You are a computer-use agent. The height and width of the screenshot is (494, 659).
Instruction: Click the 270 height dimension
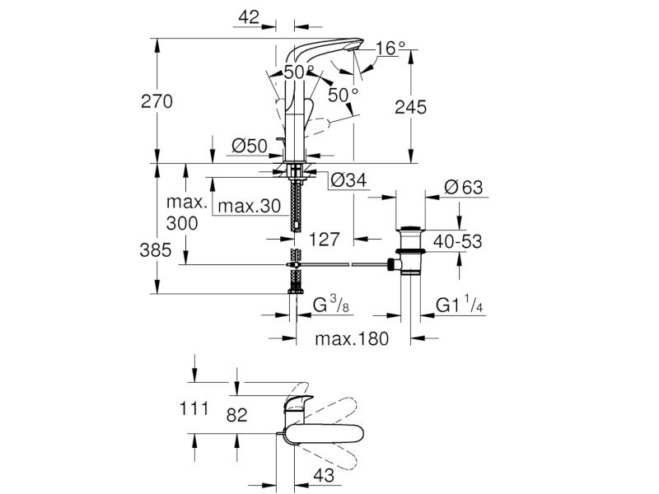tap(157, 101)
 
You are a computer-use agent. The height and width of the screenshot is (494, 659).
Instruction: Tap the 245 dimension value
tap(410, 108)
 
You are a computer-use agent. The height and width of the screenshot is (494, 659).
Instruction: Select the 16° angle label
tap(390, 49)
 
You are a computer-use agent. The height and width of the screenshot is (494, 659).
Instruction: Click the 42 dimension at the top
tap(249, 17)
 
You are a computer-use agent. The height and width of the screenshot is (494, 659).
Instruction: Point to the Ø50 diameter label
tap(250, 146)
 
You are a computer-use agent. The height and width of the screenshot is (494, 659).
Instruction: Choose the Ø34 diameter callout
tap(348, 180)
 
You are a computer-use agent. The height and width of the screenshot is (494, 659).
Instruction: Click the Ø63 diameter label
tap(464, 188)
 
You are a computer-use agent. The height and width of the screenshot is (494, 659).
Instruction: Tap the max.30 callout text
tap(250, 207)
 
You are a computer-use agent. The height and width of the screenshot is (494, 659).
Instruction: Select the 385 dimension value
tap(156, 250)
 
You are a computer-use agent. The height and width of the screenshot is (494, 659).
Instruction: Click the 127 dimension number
tap(324, 240)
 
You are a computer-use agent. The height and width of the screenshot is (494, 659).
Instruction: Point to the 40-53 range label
tap(457, 241)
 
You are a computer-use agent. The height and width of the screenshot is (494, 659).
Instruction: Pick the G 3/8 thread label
tap(331, 305)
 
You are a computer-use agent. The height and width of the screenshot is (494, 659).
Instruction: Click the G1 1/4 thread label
tap(459, 305)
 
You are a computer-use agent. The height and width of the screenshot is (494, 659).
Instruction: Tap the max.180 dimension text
tap(352, 338)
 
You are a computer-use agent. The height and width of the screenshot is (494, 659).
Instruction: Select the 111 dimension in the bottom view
tap(194, 408)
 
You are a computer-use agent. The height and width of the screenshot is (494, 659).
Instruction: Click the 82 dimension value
tap(236, 416)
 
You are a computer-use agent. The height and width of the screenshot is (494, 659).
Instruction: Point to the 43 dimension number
tap(324, 475)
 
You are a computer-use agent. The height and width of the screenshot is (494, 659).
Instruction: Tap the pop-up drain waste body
tap(410, 251)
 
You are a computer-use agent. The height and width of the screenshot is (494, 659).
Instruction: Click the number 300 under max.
tap(182, 223)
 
